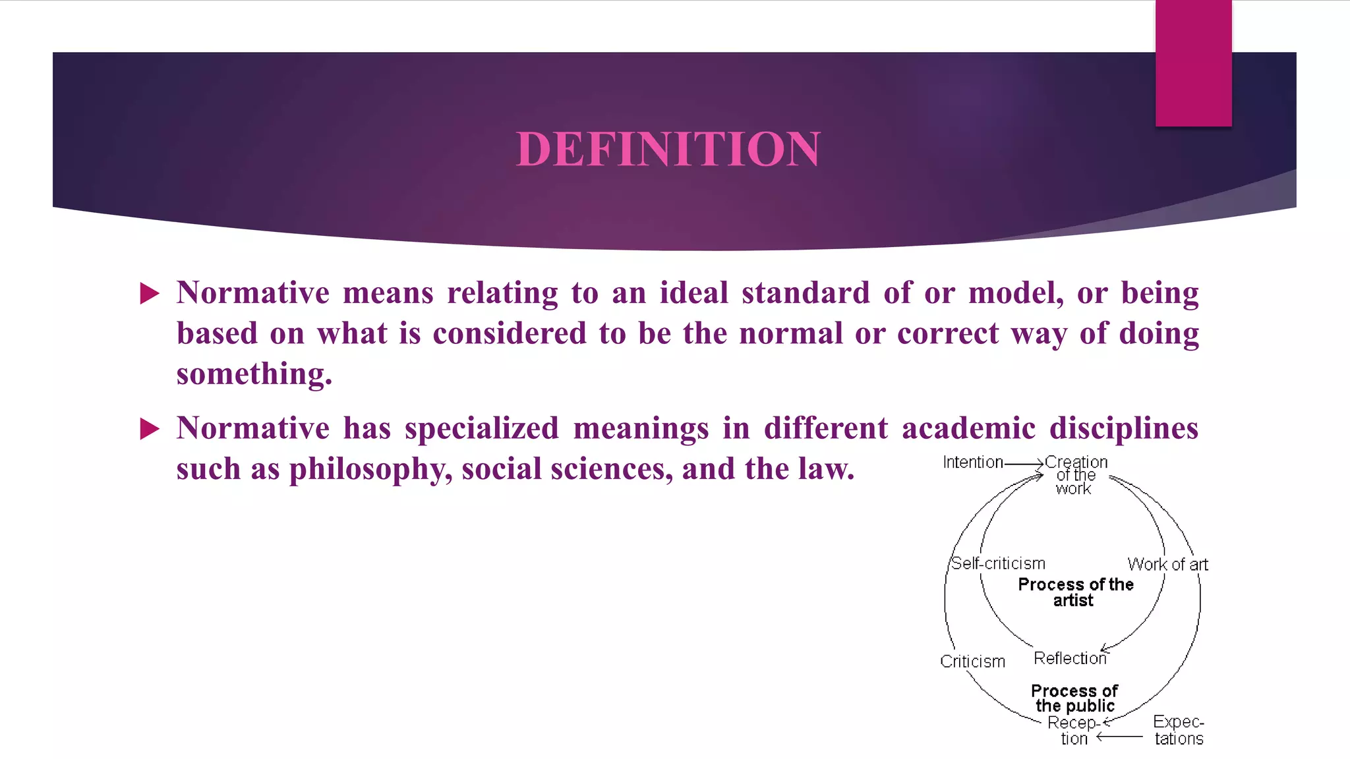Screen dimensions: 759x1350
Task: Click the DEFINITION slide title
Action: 668,149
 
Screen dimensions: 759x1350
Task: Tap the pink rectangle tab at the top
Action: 1193,63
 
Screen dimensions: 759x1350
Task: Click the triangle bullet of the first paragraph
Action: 150,293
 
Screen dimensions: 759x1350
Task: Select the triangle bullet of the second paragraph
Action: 150,429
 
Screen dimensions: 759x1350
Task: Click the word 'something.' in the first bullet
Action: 254,374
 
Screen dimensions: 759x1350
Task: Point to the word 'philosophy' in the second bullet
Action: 370,469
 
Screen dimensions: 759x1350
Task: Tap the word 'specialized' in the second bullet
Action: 482,428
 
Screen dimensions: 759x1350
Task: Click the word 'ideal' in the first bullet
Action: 693,293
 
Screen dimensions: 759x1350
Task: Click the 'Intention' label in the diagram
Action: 972,463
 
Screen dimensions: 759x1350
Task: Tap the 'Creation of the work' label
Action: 1076,475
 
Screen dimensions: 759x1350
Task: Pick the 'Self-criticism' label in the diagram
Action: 998,564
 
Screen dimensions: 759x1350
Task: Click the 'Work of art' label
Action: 1167,565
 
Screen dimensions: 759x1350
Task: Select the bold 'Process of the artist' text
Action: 1075,592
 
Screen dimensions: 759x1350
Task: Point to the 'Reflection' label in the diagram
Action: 1069,658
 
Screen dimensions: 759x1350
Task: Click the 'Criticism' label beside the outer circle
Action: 972,661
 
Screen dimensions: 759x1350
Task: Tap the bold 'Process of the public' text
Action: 1074,698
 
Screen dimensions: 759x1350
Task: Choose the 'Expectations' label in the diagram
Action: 1179,730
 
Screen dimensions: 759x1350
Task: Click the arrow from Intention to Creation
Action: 1024,464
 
